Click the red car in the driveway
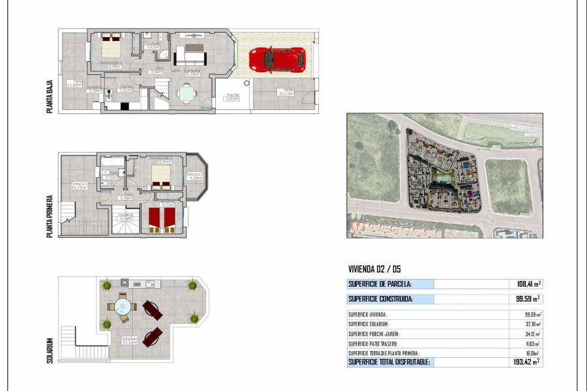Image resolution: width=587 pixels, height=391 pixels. click(x=277, y=60)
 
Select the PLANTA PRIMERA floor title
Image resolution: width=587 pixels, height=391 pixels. click(x=50, y=214)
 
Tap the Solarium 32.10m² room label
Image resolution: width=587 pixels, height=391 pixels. click(x=129, y=340)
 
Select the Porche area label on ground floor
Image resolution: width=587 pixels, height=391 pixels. click(x=232, y=96)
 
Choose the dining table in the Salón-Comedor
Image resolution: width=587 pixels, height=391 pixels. click(x=187, y=93)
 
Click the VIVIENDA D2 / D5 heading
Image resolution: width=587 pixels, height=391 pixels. click(x=378, y=268)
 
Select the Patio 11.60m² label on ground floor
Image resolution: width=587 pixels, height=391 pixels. click(x=74, y=83)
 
